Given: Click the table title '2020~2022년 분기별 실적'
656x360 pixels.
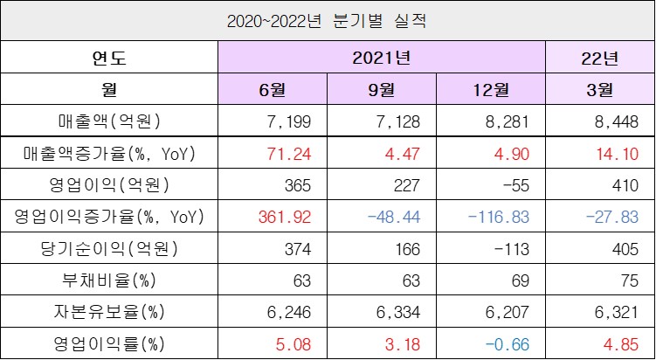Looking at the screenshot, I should point(328,20).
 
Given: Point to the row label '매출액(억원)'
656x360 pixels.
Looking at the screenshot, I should point(109,120).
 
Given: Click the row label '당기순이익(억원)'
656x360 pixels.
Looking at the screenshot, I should point(109,248).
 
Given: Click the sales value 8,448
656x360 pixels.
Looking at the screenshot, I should point(599,120).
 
